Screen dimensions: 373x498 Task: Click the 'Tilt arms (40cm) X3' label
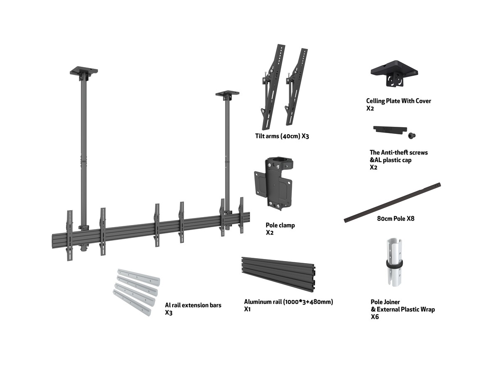click(x=282, y=136)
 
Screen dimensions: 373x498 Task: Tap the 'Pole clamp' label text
click(x=280, y=225)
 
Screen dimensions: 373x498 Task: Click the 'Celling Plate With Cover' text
click(x=398, y=101)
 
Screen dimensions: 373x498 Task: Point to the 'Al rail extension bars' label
click(x=193, y=305)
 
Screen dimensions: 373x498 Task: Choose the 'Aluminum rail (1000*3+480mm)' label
click(x=288, y=302)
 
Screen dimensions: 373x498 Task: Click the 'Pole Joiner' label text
click(x=385, y=302)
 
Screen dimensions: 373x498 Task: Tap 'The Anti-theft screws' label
click(x=398, y=153)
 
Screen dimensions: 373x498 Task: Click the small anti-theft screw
click(x=413, y=135)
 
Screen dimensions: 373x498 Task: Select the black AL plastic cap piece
click(x=389, y=129)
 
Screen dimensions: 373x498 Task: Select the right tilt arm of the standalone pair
click(x=295, y=89)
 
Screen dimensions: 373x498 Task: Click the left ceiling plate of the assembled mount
click(x=83, y=72)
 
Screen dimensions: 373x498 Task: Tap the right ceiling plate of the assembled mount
click(x=227, y=95)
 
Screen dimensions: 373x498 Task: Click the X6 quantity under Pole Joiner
click(x=375, y=317)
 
